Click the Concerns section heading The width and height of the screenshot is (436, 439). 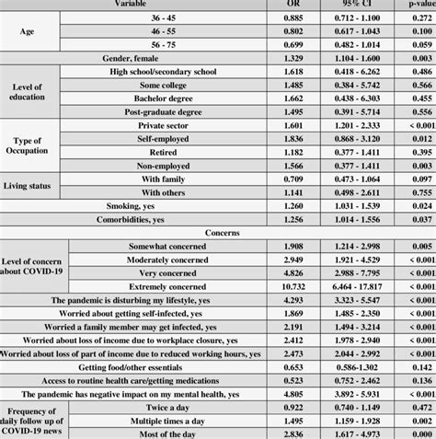pyautogui.click(x=217, y=233)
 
